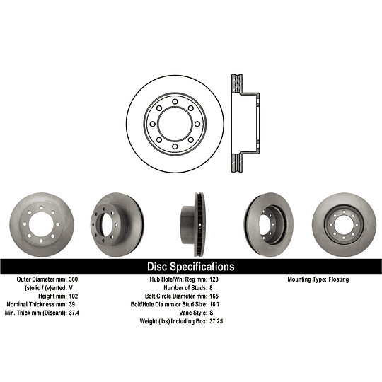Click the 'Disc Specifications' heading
190,267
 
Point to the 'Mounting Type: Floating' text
318,279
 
